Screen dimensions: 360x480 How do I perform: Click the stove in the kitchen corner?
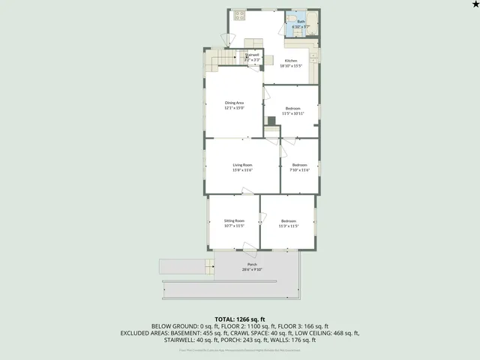tap(238, 16)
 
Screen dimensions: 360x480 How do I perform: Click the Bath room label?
tap(301, 22)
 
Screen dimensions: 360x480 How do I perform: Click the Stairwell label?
tap(253, 55)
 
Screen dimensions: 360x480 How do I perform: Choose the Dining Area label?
tap(234, 103)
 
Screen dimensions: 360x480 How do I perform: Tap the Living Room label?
tap(241, 165)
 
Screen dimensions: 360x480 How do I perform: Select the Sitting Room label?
tap(234, 220)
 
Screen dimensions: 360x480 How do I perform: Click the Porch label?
tap(252, 265)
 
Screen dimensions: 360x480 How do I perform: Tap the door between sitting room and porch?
tap(239, 250)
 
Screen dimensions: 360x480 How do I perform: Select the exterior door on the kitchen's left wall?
tap(224, 39)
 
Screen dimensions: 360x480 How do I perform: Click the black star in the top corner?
tap(474, 5)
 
